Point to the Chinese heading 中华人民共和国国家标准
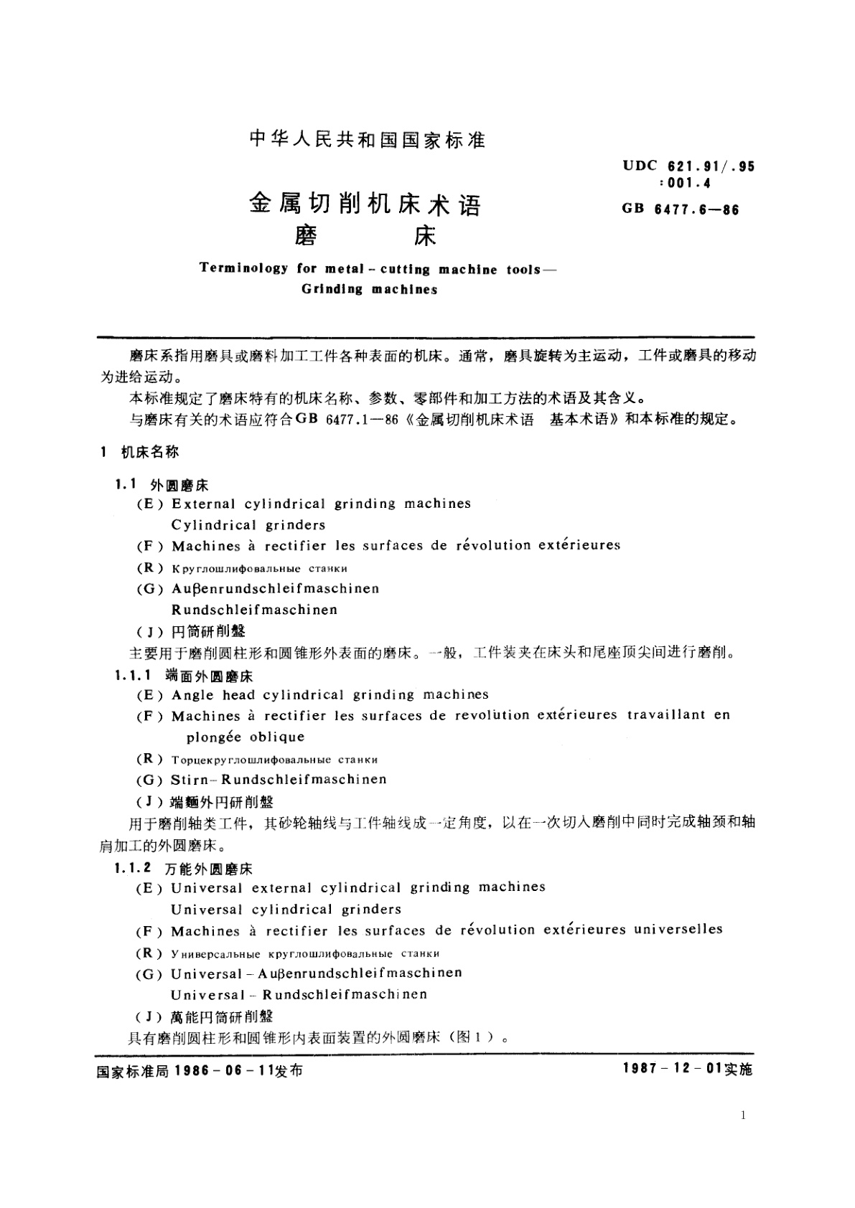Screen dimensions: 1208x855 point(368,140)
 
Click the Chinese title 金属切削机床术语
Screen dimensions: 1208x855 point(365,205)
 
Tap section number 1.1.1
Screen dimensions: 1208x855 point(133,675)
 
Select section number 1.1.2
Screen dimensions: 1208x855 point(133,868)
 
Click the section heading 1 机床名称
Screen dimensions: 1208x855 point(140,453)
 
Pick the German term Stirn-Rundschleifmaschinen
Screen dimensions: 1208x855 point(279,780)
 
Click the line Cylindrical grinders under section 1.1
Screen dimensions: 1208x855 point(248,524)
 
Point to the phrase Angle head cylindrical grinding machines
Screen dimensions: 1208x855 point(330,694)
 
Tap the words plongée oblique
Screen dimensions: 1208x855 point(246,737)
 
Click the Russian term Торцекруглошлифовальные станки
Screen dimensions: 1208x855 point(274,759)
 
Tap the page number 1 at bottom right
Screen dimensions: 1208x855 point(743,1115)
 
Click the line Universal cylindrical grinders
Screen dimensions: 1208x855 point(286,910)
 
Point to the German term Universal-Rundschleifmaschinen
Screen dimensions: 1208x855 point(299,995)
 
